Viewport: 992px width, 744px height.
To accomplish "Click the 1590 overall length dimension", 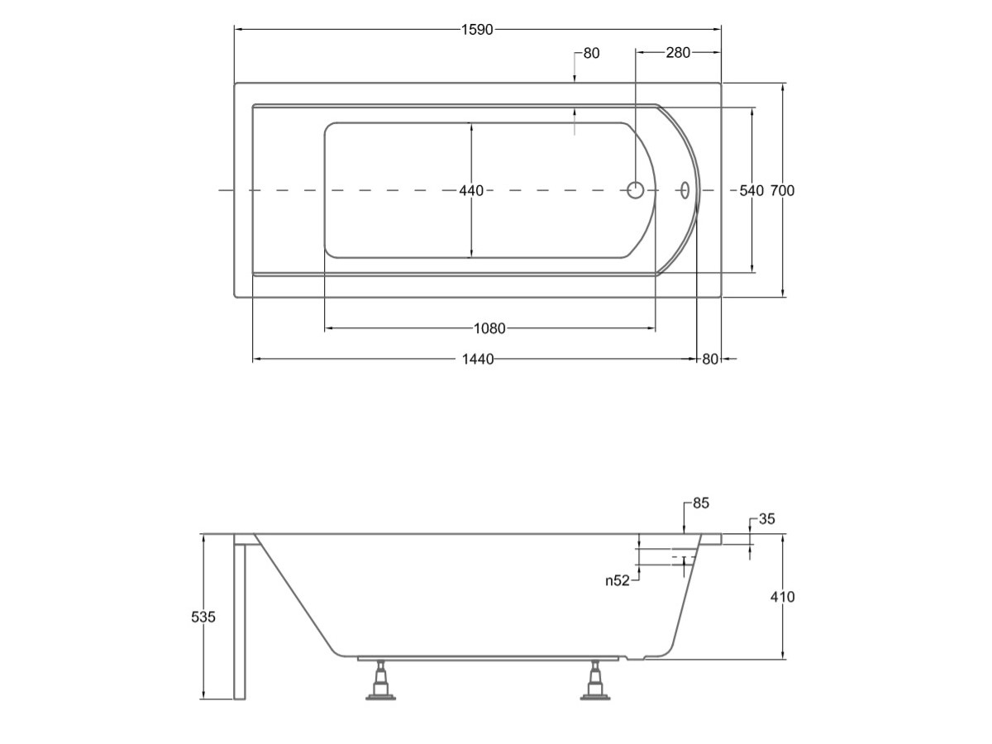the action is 477,30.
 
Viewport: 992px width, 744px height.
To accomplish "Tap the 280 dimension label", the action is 678,53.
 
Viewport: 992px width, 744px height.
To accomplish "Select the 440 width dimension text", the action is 471,191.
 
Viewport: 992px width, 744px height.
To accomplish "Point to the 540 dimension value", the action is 751,191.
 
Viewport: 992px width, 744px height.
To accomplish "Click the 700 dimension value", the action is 782,191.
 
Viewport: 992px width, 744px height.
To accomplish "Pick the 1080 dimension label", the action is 489,328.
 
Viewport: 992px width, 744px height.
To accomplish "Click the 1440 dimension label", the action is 478,359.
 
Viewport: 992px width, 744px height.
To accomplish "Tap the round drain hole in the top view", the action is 636,190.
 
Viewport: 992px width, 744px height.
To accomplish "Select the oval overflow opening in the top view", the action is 685,190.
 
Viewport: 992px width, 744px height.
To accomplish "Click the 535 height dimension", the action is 203,617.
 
